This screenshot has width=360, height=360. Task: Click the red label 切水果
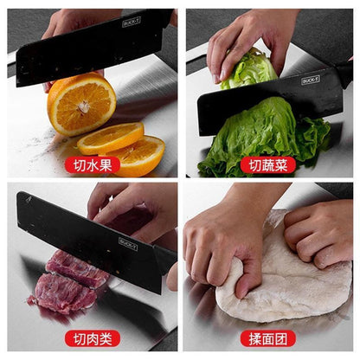point(92,164)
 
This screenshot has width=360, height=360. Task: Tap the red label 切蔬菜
point(267,164)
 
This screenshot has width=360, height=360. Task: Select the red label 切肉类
point(92,337)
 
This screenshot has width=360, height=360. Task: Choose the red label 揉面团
point(267,337)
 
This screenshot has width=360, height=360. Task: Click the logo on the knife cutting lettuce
point(312,80)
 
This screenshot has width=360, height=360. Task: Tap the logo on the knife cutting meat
point(128,242)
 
